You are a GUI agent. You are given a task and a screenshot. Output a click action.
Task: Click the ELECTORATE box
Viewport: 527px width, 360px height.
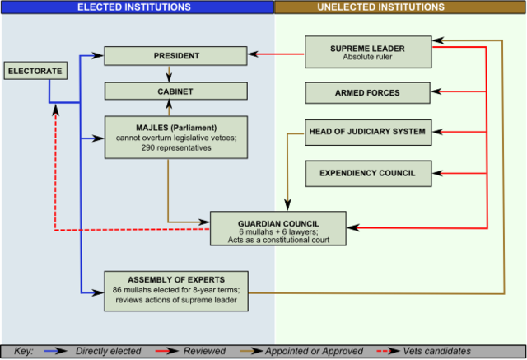pos(35,72)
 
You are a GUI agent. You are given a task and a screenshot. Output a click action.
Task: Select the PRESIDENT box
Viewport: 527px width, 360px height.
pos(176,56)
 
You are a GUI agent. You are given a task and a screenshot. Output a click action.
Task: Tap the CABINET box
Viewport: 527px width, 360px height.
pos(176,92)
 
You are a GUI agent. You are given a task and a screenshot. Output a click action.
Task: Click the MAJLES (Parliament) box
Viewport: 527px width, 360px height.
pos(176,137)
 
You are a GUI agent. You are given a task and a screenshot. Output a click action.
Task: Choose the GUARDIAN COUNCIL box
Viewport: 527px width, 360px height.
pos(278,228)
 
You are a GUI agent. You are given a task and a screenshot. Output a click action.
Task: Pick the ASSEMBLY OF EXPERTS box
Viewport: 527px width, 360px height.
pos(176,290)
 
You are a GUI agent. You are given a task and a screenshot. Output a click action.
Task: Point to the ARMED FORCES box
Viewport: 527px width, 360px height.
pos(367,93)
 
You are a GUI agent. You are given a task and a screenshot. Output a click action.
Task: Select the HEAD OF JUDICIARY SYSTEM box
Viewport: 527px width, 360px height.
pos(367,132)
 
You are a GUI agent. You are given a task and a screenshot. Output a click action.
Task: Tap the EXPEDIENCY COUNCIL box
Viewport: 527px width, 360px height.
pos(367,173)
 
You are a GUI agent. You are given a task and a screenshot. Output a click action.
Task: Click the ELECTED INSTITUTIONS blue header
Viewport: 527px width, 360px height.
pos(136,7)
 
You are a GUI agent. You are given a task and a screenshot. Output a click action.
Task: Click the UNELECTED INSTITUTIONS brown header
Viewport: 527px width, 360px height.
pos(401,7)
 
